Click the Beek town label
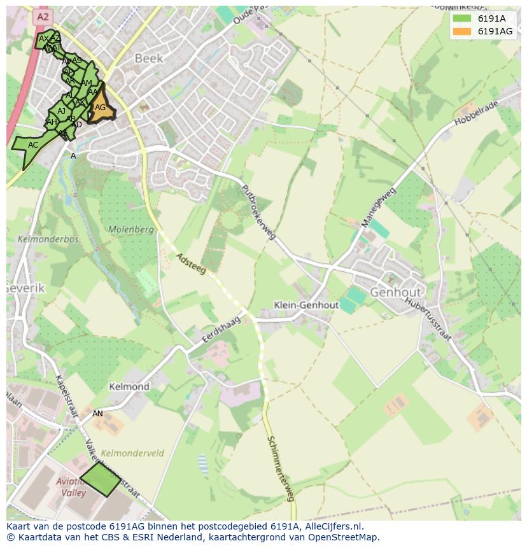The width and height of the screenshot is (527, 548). [149, 59]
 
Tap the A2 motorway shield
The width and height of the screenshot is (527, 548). [43, 17]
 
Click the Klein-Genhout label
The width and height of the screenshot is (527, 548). [306, 305]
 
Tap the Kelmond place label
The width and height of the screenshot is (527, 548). [129, 386]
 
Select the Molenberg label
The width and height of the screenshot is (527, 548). [131, 229]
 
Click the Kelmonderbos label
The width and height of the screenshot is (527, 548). [39, 239]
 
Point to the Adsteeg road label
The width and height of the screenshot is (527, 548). [192, 263]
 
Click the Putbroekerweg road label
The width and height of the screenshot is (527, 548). [258, 213]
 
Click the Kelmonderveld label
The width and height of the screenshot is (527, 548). [132, 453]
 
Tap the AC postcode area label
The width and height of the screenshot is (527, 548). [33, 145]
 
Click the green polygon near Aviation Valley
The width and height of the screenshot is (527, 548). [100, 479]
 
